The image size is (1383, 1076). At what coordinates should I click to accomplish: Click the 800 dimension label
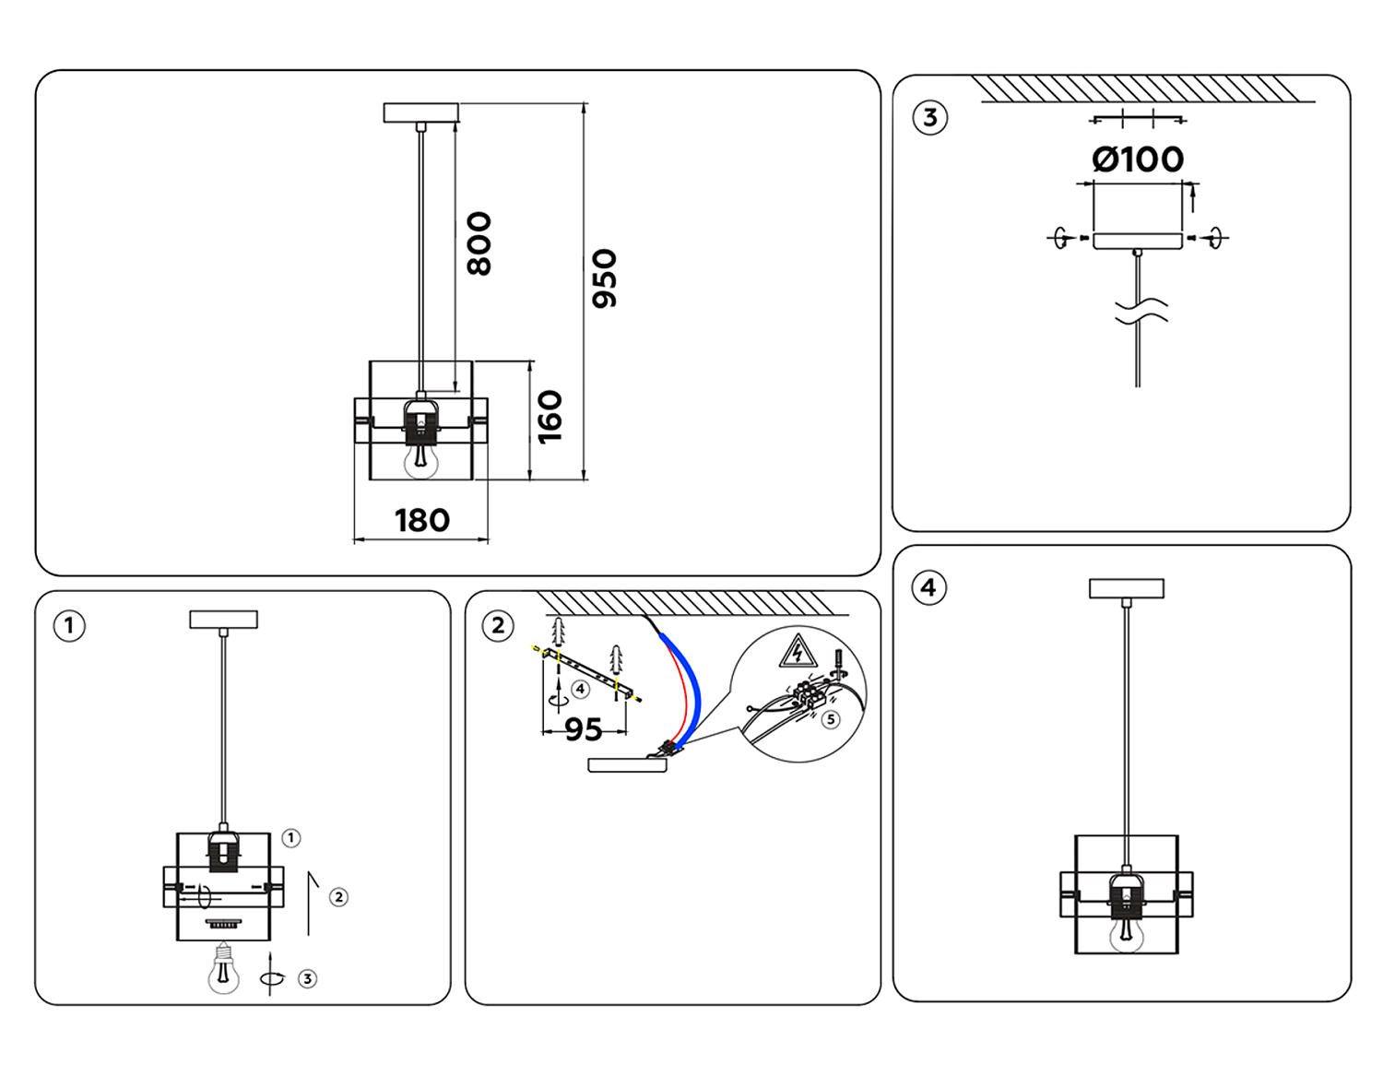[x=479, y=243]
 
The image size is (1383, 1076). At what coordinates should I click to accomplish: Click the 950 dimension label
[x=604, y=278]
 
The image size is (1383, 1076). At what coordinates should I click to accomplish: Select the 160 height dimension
[x=550, y=417]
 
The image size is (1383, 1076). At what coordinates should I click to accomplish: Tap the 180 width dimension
[x=422, y=521]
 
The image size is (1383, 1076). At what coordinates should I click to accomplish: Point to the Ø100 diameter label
[x=1138, y=160]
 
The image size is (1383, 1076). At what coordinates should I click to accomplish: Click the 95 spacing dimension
[x=583, y=730]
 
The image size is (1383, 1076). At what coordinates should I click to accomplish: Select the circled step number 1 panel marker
[x=69, y=626]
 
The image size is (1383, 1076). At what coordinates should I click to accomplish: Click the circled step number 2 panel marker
[x=499, y=626]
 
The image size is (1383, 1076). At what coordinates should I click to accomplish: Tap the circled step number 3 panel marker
[x=929, y=118]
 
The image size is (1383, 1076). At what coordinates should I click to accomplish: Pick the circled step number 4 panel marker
[x=928, y=588]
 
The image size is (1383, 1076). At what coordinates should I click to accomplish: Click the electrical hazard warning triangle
[x=798, y=651]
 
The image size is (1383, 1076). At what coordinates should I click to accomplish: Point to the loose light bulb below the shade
[x=223, y=969]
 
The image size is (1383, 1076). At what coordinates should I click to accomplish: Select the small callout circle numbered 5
[x=831, y=719]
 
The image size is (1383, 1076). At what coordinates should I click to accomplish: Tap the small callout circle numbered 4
[x=580, y=689]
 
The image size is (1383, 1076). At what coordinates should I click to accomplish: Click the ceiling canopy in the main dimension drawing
[x=420, y=112]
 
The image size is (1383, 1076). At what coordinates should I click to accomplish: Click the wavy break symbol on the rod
[x=1141, y=311]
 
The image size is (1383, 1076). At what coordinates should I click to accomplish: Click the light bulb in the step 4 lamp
[x=1126, y=933]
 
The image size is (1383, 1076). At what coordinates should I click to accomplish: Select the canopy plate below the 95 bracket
[x=627, y=764]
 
